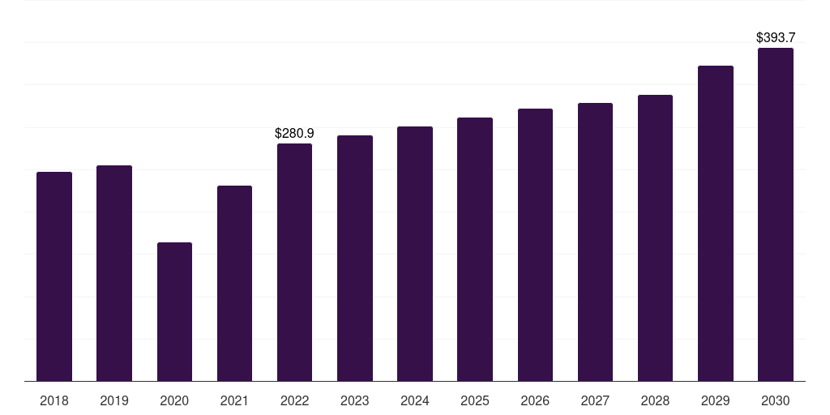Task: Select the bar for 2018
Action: pyautogui.click(x=54, y=276)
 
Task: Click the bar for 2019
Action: pyautogui.click(x=114, y=272)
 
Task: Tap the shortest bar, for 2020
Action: pyautogui.click(x=174, y=311)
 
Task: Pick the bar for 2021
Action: pyautogui.click(x=234, y=283)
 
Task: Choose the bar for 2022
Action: pyautogui.click(x=294, y=262)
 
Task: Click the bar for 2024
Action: pyautogui.click(x=415, y=253)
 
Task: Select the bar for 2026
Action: pyautogui.click(x=535, y=244)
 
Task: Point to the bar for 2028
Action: pyautogui.click(x=655, y=237)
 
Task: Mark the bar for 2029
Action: pyautogui.click(x=716, y=223)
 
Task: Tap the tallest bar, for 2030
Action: pyautogui.click(x=776, y=214)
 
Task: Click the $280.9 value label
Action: pyautogui.click(x=294, y=133)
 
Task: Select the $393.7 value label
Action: pyautogui.click(x=776, y=37)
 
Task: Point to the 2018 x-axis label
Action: pyautogui.click(x=54, y=400)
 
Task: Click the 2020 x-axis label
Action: pyautogui.click(x=174, y=400)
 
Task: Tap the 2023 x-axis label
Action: pyautogui.click(x=355, y=400)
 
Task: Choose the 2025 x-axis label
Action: pyautogui.click(x=475, y=400)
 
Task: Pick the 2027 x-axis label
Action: pyautogui.click(x=595, y=400)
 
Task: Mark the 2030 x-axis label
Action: pyautogui.click(x=776, y=400)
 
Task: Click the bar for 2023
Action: pyautogui.click(x=355, y=258)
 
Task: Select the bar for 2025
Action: pyautogui.click(x=475, y=249)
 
